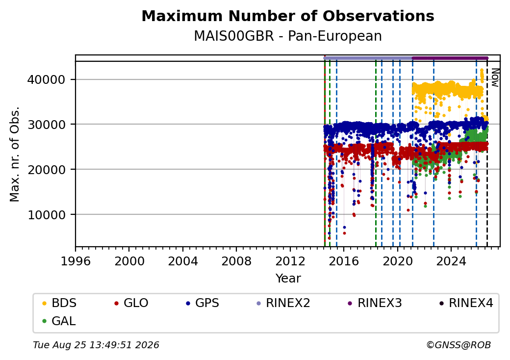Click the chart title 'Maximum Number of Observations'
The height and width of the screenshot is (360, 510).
[x=288, y=16]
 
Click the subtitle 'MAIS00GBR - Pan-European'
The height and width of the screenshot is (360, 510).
[x=288, y=36]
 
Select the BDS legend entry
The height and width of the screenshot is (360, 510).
[x=59, y=303]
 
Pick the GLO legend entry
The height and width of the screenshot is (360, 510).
[x=131, y=303]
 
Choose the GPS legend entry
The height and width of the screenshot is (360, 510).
[x=203, y=303]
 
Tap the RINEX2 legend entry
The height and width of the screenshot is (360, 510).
[x=283, y=303]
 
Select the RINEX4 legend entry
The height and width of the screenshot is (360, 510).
[x=466, y=303]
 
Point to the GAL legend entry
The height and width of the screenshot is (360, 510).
[x=59, y=321]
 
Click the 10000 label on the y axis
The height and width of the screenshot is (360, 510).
[x=47, y=215]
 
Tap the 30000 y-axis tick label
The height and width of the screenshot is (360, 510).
[x=47, y=125]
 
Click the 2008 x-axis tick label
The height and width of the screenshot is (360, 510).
[x=236, y=261]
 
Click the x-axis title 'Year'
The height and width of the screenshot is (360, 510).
[x=288, y=279]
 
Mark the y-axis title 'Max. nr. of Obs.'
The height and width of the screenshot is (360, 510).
[x=15, y=154]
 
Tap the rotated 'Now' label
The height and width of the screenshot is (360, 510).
[x=495, y=77]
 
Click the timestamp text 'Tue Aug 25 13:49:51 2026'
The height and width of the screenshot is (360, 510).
[x=96, y=345]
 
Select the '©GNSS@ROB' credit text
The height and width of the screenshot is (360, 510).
[x=459, y=345]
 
